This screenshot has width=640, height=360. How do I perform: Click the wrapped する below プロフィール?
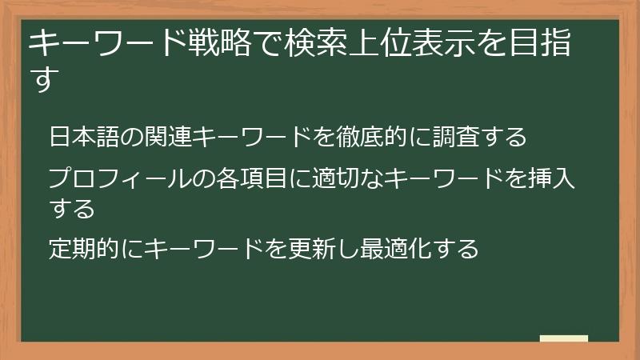pos(72,208)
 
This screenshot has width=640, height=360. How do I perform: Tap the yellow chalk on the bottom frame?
pos(564,338)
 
